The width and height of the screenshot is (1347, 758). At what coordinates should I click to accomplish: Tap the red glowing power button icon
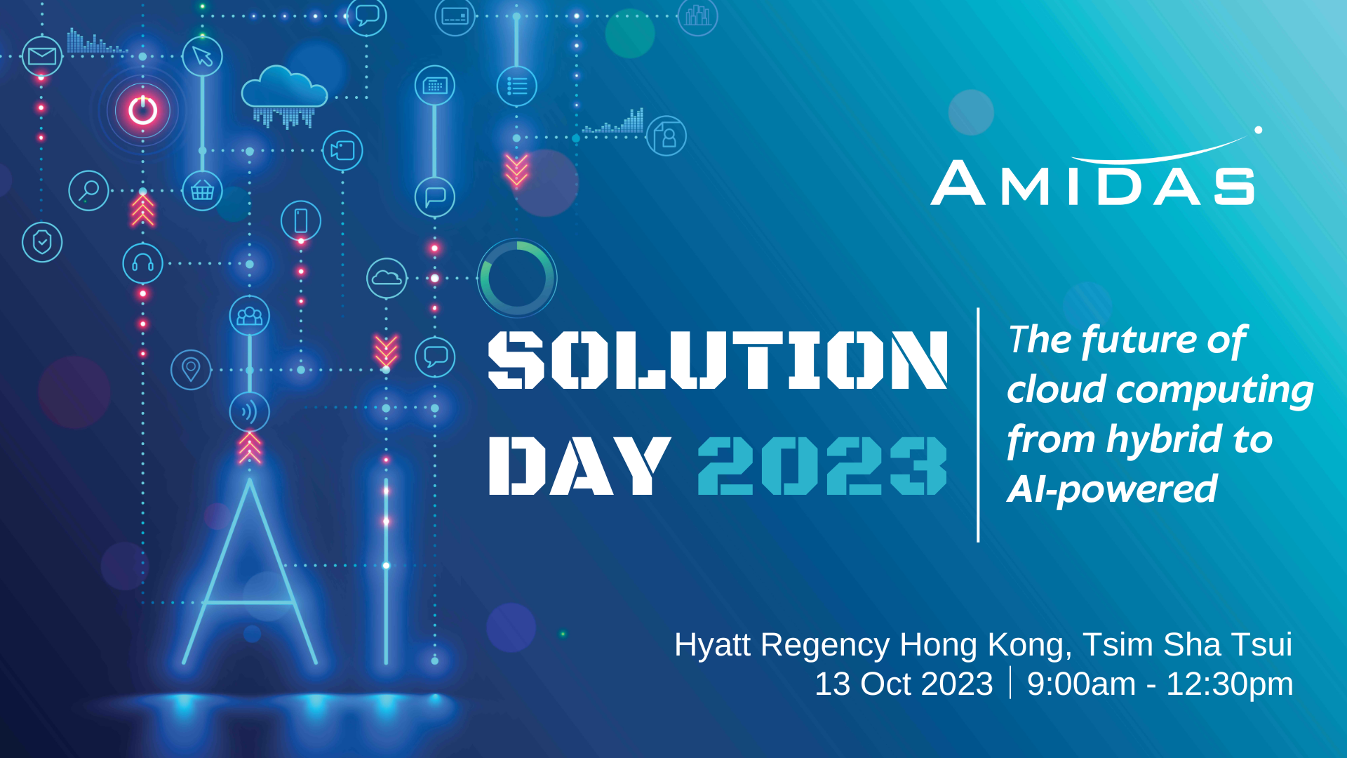click(x=142, y=110)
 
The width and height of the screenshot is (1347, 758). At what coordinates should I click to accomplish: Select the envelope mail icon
click(x=42, y=56)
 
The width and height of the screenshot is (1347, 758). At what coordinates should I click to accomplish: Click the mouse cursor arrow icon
click(x=202, y=56)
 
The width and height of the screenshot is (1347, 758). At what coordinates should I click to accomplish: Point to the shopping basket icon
click(x=202, y=190)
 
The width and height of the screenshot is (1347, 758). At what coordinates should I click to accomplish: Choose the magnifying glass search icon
click(x=89, y=190)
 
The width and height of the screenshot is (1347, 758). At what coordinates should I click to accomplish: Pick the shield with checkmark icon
click(x=42, y=242)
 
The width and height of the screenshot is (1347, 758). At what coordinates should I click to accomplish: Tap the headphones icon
click(x=142, y=263)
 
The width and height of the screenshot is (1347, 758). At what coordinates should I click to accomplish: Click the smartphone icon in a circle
click(x=301, y=220)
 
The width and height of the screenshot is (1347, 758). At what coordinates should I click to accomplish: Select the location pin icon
click(x=191, y=369)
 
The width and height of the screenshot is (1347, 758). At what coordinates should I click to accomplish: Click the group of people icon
click(x=249, y=316)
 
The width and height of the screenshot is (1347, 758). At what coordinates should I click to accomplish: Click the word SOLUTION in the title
click(x=718, y=359)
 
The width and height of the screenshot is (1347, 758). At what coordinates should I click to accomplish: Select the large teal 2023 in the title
click(x=822, y=465)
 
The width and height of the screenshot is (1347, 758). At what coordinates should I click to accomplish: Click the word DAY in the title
click(x=579, y=465)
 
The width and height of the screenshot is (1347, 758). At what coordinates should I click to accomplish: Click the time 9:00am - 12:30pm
click(x=1160, y=684)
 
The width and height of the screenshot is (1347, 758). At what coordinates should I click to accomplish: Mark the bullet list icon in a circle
click(x=517, y=86)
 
